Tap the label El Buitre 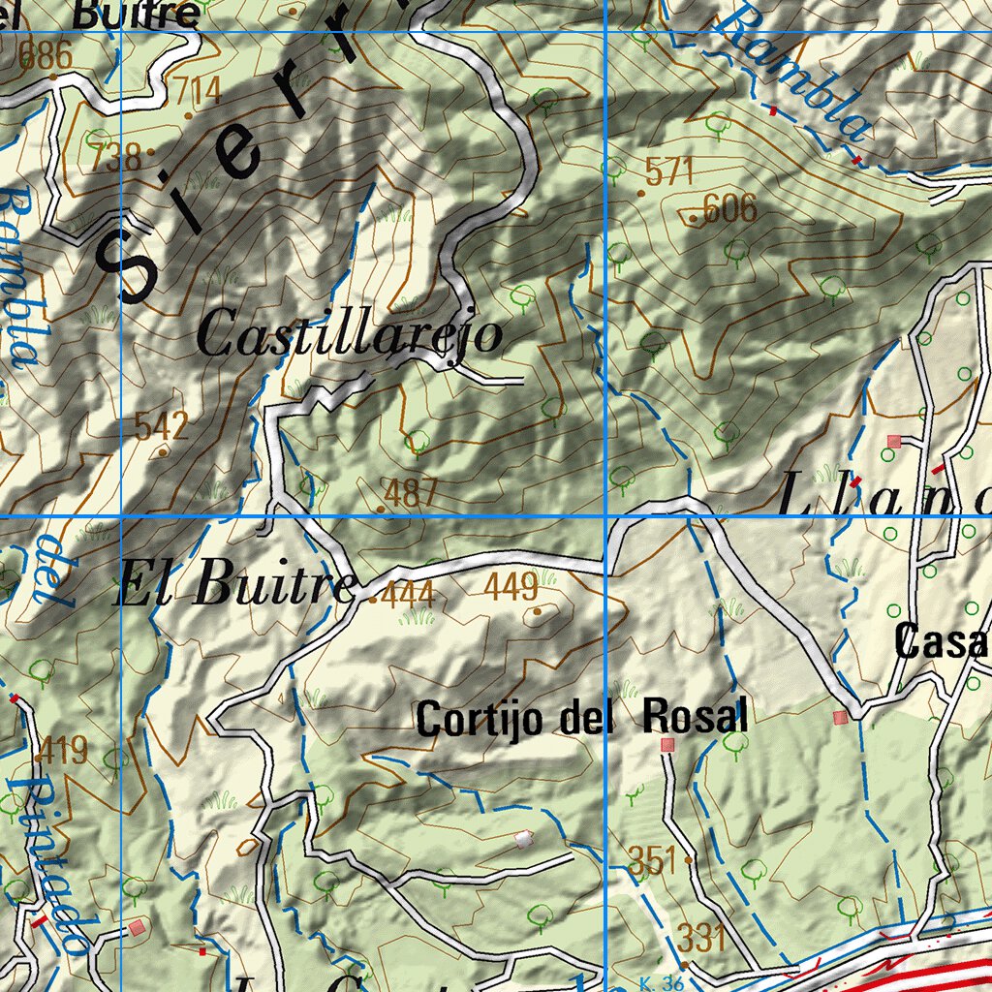pyautogui.click(x=234, y=587)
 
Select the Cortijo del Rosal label pyautogui.click(x=581, y=719)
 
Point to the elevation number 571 pyautogui.click(x=669, y=171)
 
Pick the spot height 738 pyautogui.click(x=115, y=156)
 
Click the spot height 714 pyautogui.click(x=194, y=92)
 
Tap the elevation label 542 pyautogui.click(x=162, y=425)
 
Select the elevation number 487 pyautogui.click(x=411, y=492)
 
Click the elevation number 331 pyautogui.click(x=700, y=937)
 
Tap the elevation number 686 pyautogui.click(x=46, y=55)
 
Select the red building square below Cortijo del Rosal pyautogui.click(x=666, y=745)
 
